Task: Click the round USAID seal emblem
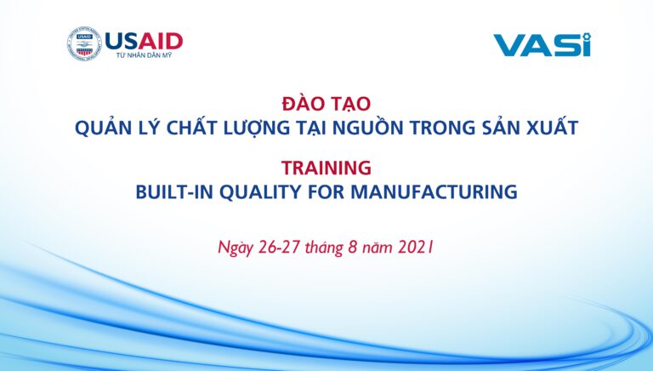pyautogui.click(x=84, y=44)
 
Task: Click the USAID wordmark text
pyautogui.click(x=144, y=41)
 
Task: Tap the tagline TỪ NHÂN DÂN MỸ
pyautogui.click(x=144, y=55)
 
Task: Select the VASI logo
pyautogui.click(x=542, y=45)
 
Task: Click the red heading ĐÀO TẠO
pyautogui.click(x=326, y=103)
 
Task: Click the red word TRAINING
pyautogui.click(x=326, y=168)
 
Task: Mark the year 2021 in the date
pyautogui.click(x=416, y=248)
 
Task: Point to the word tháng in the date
pyautogui.click(x=324, y=248)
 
